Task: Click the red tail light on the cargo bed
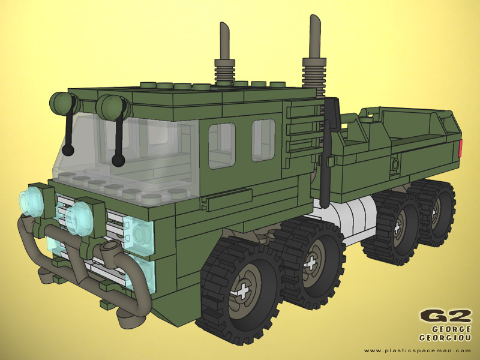(x=460, y=148)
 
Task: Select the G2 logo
(x=446, y=317)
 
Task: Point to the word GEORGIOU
(x=445, y=338)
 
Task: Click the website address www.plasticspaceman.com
(x=417, y=350)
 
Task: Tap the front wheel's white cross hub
(x=243, y=292)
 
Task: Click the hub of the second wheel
(x=311, y=264)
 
